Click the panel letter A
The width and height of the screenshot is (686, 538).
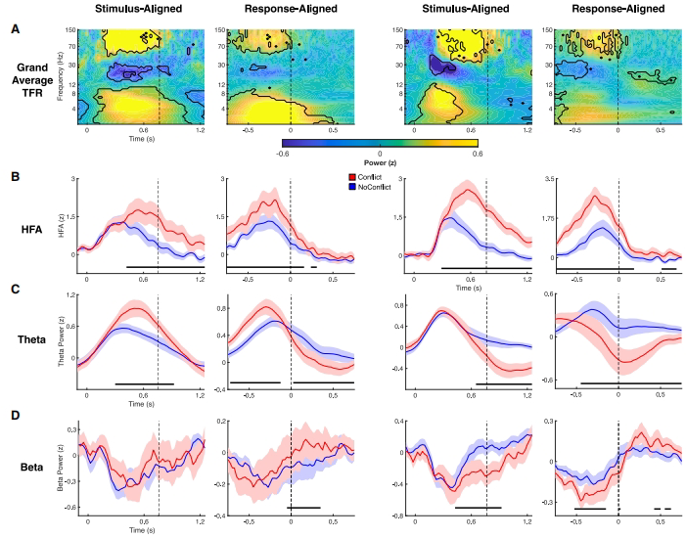click(13, 28)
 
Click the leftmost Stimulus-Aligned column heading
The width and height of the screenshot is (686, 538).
click(144, 9)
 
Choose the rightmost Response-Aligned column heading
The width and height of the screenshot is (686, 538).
click(618, 9)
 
